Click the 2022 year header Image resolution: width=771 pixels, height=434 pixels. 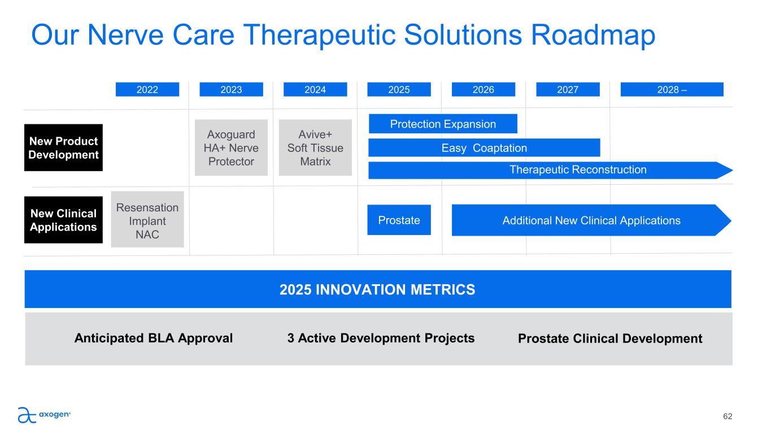pos(147,89)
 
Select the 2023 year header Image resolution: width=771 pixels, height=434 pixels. pos(232,89)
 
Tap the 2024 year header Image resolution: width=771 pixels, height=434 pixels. pos(315,89)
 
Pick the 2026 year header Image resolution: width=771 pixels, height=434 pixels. pos(483,89)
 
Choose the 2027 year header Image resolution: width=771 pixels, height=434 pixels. pos(568,89)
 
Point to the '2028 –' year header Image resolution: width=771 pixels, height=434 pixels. pos(672,89)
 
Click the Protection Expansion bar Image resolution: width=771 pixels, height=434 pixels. pos(443,124)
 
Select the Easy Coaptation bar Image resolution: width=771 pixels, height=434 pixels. pos(484,147)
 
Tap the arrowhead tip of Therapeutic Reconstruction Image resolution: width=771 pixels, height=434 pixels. pos(733,170)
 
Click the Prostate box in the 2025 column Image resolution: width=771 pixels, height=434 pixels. pos(399,220)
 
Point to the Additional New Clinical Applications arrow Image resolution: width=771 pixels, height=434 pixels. pos(591,220)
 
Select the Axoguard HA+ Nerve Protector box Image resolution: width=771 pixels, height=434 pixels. pos(232,147)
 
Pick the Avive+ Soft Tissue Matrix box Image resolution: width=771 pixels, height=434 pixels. pos(315,147)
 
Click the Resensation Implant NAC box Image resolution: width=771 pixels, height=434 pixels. pos(147,219)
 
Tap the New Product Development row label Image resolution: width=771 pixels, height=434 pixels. pos(63,147)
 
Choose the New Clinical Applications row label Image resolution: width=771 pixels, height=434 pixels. pos(63,220)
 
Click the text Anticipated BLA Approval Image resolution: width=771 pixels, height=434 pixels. pos(154,338)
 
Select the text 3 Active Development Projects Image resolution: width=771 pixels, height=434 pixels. pos(381,338)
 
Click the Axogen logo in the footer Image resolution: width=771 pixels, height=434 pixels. pos(44,415)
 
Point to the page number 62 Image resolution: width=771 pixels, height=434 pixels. pos(728,416)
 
